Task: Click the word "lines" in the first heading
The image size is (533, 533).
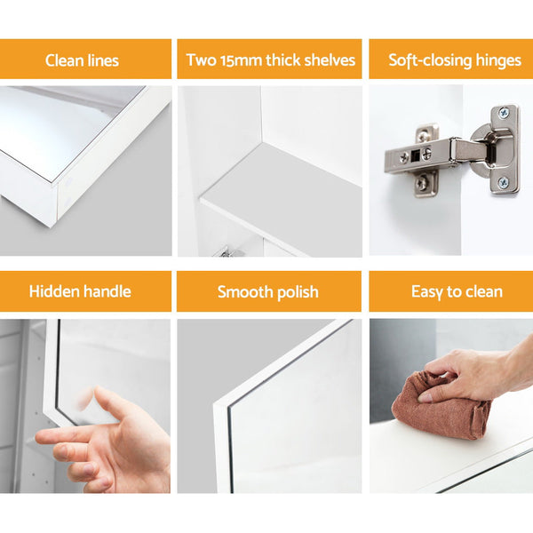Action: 103,60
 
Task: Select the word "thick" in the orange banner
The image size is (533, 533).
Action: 282,60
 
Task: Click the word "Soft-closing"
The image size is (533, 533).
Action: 430,60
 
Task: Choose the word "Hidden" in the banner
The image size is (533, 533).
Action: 53,291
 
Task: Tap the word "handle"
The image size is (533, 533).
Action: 107,291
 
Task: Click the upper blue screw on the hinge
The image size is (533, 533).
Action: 503,113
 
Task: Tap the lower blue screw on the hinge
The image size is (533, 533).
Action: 503,183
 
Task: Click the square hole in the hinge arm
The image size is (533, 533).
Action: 415,155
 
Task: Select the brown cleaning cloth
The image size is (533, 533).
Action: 442,408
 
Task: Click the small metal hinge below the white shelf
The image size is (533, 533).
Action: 227,252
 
